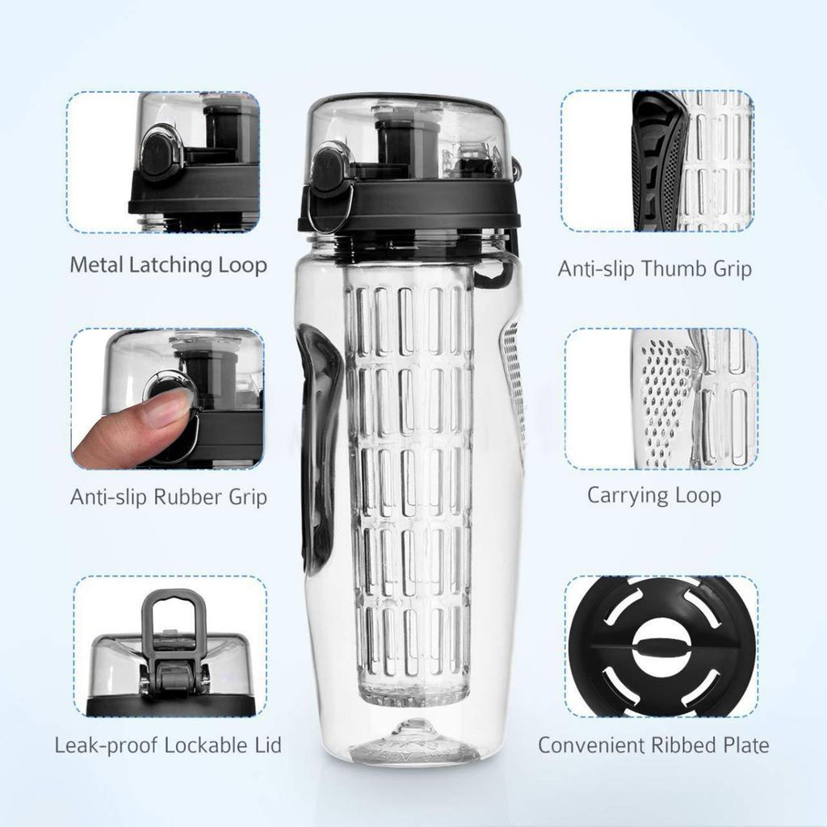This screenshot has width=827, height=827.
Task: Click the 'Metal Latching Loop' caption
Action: [168, 265]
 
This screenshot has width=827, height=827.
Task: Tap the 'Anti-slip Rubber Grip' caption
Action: [168, 496]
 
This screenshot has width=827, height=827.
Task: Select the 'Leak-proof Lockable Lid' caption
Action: [168, 745]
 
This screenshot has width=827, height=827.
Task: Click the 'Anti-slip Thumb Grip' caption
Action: [654, 268]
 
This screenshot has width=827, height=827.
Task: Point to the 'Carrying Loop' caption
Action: [653, 494]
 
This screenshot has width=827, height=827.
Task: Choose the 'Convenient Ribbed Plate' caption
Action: [653, 745]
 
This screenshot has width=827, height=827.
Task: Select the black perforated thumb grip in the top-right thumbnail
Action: [658, 162]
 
